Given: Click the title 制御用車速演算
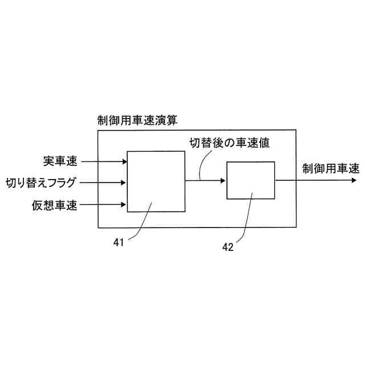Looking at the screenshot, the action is pos(137,120).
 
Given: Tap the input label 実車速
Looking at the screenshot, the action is pos(60,161).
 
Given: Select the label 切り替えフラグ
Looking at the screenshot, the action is pos(40,183).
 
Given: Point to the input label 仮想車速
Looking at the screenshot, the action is pos(55,204).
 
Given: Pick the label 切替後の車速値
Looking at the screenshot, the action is pos(229,143).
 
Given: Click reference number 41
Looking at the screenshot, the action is pos(119,242).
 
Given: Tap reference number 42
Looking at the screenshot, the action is pos(227,247).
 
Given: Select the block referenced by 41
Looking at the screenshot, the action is pos(156,181).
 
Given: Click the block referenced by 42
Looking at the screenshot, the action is pos(250,180).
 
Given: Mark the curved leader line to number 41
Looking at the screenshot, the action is pos(140,225).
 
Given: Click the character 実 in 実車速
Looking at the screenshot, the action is pos(48,161).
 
